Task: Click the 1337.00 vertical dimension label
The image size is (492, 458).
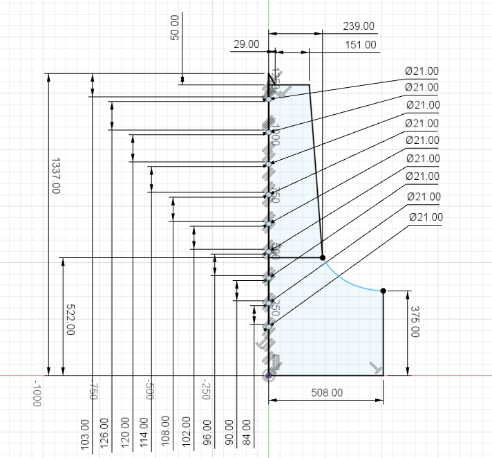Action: (x=55, y=176)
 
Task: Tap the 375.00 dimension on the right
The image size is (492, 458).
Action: (x=415, y=322)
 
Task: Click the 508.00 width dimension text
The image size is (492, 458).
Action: (x=326, y=392)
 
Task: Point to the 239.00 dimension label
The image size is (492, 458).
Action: (x=359, y=26)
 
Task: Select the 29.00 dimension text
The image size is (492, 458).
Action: (x=246, y=44)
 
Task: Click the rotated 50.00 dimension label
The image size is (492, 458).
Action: (x=175, y=28)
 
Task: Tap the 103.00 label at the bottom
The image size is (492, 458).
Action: (x=85, y=434)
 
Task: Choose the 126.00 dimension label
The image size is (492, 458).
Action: (x=104, y=434)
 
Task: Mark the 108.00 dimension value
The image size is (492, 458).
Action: (x=164, y=434)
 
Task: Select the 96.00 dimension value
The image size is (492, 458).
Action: (x=207, y=434)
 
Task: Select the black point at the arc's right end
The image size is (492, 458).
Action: (x=383, y=291)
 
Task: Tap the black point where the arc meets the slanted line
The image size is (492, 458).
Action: (x=322, y=257)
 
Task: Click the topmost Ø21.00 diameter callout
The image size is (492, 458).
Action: (x=422, y=71)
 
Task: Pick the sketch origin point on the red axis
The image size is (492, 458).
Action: (x=269, y=375)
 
